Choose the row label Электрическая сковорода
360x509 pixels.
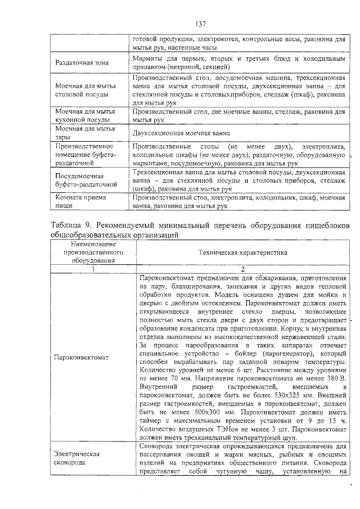pos(74,457)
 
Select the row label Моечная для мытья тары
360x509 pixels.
pos(81,133)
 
